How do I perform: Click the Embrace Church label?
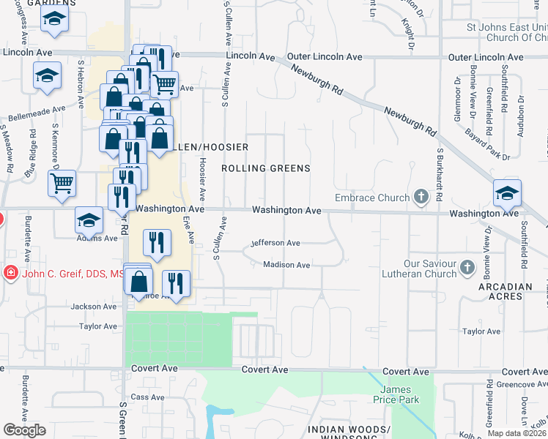tap(371, 198)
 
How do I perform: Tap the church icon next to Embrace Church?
tap(421, 196)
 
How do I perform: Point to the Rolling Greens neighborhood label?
tap(266, 168)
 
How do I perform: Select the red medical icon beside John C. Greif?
tap(11, 274)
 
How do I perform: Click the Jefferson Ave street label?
tap(275, 243)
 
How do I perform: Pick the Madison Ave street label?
tap(286, 265)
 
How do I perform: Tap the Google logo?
tap(24, 430)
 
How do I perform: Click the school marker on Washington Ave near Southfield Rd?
tap(507, 194)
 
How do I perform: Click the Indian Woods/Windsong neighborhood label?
tap(348, 433)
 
